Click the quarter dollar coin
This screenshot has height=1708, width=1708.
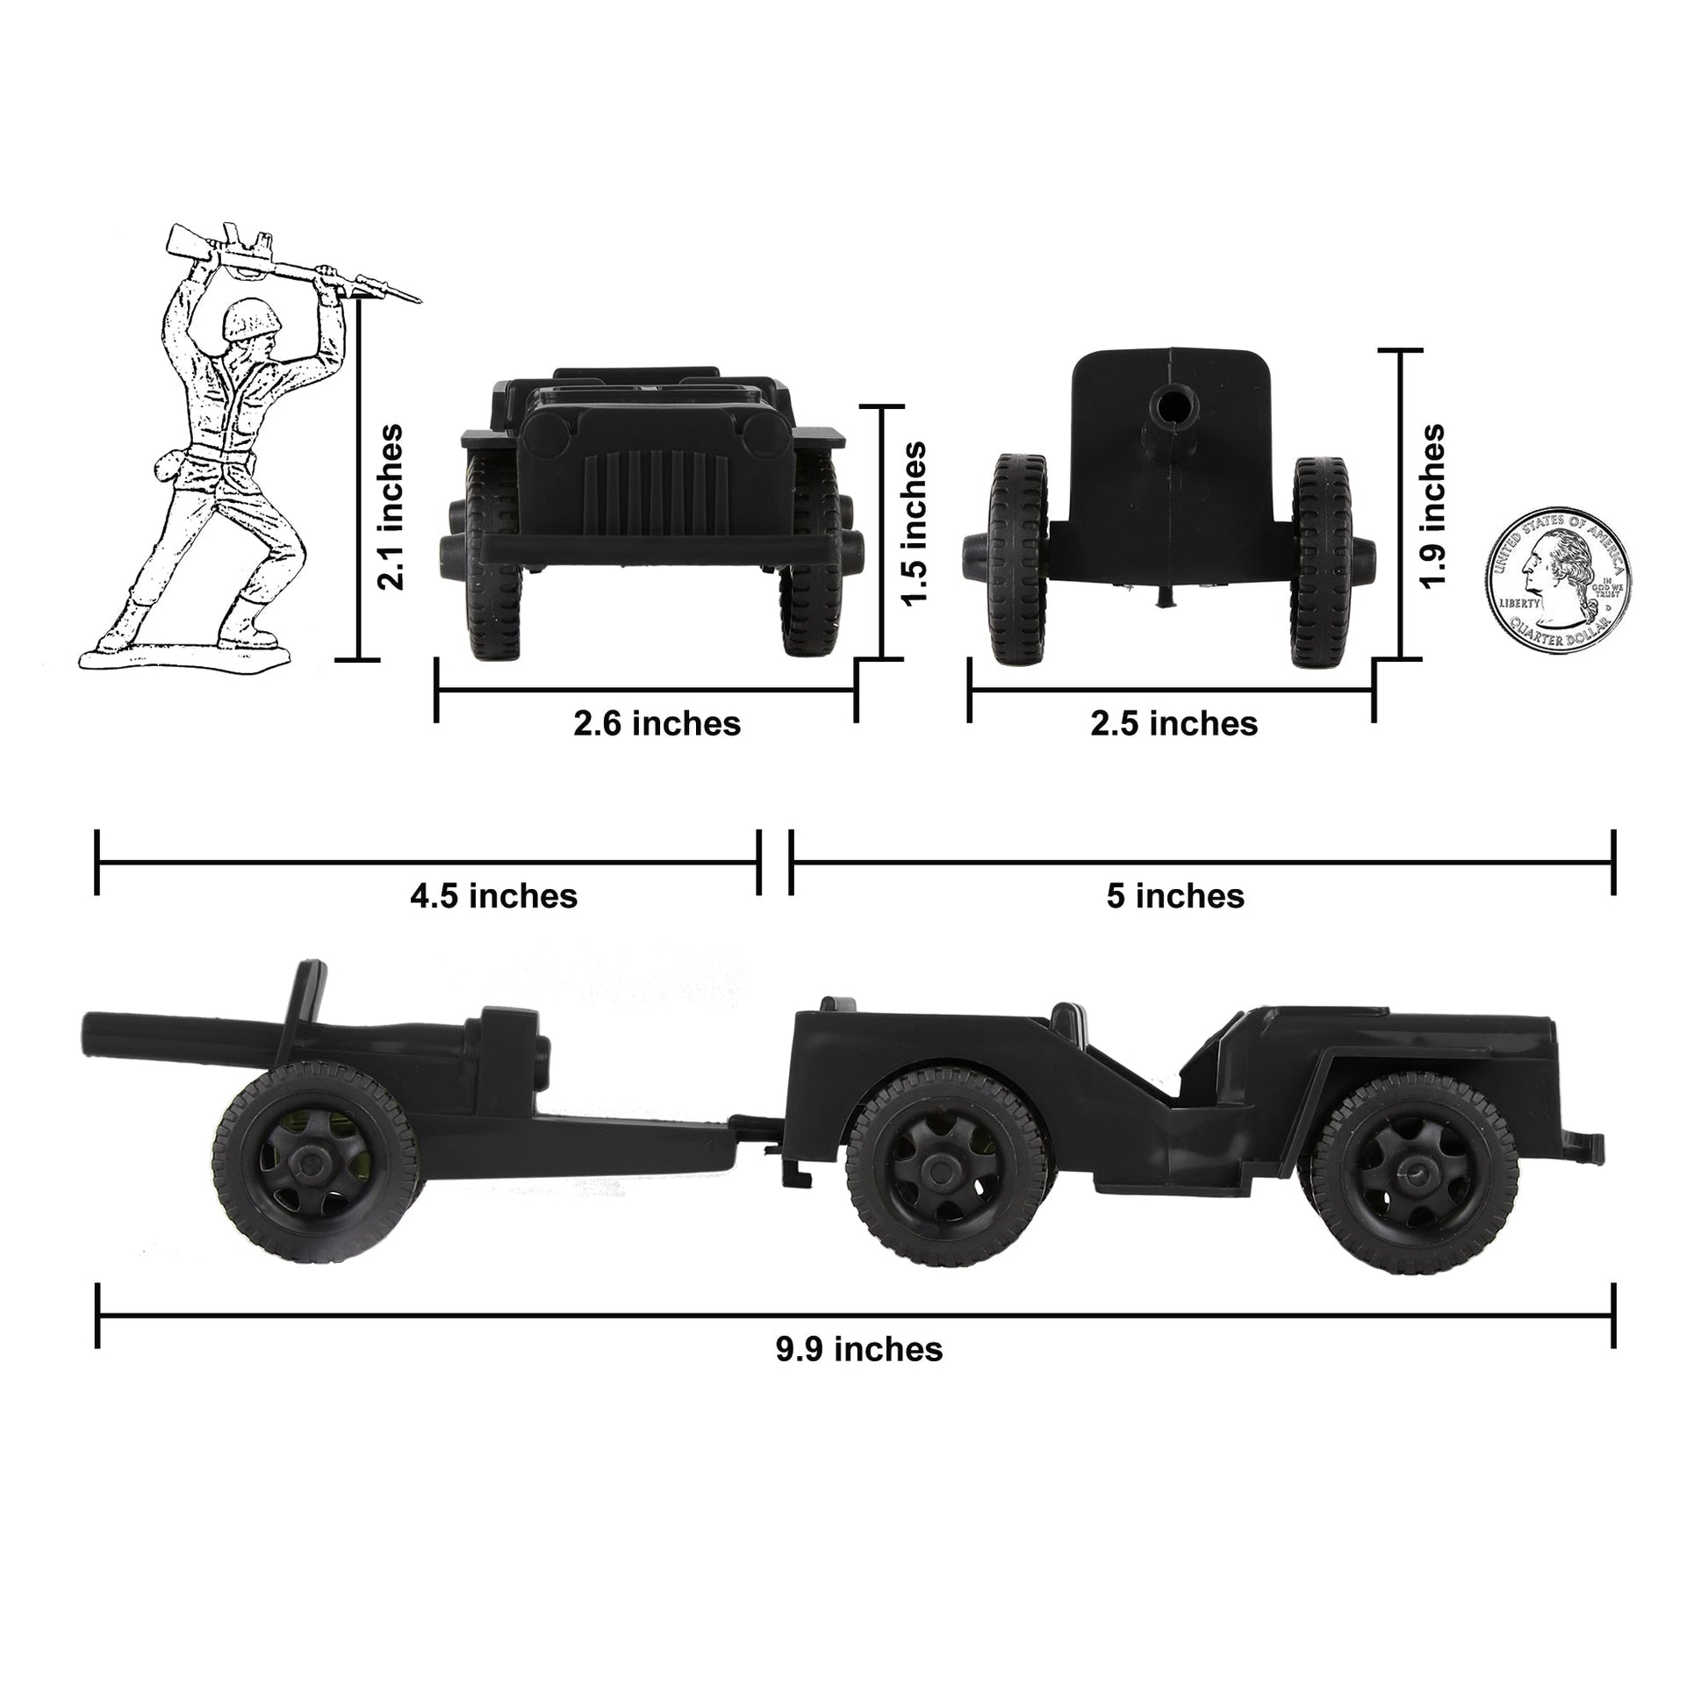coord(1558,583)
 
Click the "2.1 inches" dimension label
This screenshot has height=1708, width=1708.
coord(390,507)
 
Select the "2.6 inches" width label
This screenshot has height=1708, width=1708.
coord(657,724)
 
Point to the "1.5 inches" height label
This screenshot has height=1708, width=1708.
coord(915,523)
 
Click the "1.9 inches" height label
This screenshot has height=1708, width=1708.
coord(1432,506)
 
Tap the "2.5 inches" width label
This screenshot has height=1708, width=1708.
coord(1174,724)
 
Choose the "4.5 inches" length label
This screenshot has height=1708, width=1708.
coord(493,896)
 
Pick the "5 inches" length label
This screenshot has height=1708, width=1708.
coord(1175,896)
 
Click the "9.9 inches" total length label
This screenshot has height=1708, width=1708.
coord(859,1349)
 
